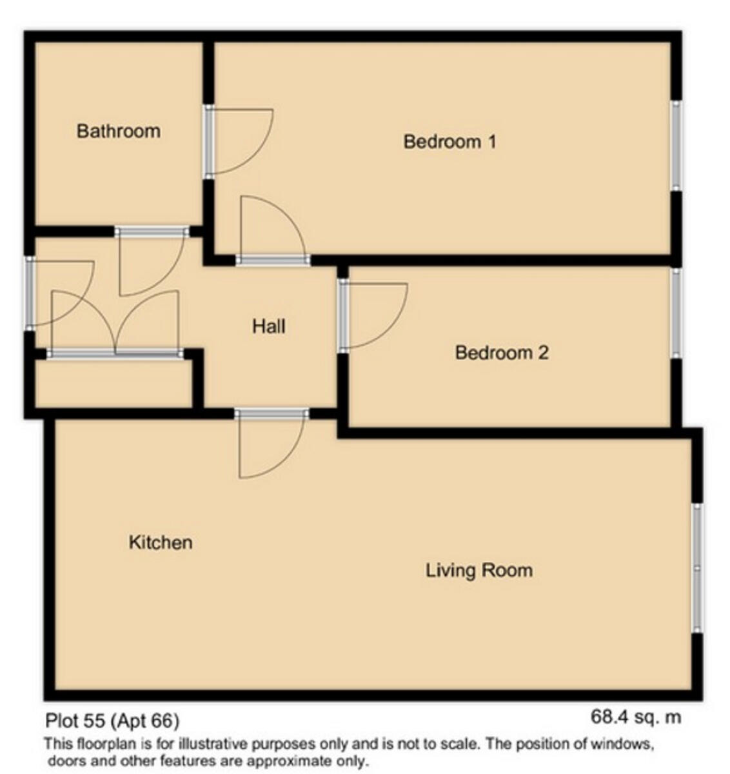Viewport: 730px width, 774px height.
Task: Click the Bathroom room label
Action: (x=118, y=131)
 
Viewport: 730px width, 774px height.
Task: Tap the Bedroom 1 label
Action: (x=449, y=141)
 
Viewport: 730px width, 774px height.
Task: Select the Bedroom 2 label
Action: (x=502, y=353)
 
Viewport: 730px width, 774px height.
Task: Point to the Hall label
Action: (x=268, y=326)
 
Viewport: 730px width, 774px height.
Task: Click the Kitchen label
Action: (x=161, y=542)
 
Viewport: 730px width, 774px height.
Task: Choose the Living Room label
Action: (x=478, y=570)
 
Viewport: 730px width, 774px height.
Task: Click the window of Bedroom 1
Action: (x=675, y=145)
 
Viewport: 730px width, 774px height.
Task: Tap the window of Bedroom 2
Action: (x=675, y=313)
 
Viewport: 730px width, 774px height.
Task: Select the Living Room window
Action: (x=696, y=568)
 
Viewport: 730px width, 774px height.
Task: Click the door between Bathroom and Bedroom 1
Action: (x=210, y=142)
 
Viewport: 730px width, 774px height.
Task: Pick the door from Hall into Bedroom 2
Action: (x=344, y=315)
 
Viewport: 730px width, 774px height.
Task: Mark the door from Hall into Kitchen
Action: (x=271, y=414)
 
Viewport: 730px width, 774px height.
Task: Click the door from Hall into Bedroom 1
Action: (x=273, y=260)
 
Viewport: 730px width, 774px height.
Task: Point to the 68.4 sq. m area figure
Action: (x=635, y=717)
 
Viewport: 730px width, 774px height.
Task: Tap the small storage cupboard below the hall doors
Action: (x=113, y=384)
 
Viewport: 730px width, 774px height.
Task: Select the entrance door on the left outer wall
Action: (x=29, y=292)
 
